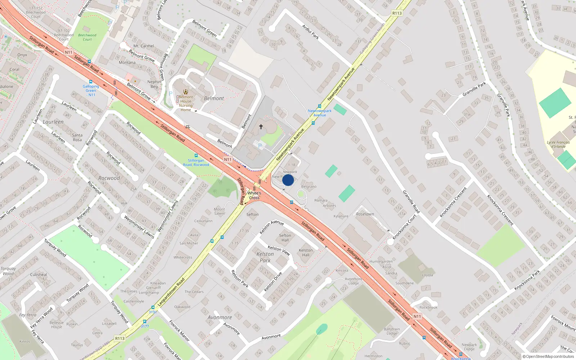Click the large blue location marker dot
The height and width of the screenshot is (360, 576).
pos(288,180)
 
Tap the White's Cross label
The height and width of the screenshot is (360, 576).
pos(254,195)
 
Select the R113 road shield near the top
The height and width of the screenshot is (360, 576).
pos(397,13)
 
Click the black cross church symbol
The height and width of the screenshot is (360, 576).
pos(261,127)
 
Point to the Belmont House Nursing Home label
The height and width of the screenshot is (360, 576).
pos(186,103)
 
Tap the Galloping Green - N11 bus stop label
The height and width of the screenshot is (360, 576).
pos(91,90)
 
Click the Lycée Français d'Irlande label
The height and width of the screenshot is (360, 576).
pos(558,144)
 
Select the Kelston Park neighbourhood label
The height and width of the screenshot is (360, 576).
pos(265,257)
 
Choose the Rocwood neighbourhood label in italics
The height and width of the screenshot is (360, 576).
pos(109,178)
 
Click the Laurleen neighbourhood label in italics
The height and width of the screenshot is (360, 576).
pos(53,122)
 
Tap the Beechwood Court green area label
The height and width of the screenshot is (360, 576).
pos(87,37)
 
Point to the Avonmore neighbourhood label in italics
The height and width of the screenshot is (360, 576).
pos(220,318)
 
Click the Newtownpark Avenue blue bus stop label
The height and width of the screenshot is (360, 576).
pos(320,113)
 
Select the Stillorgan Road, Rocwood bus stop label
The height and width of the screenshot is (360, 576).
pos(196,163)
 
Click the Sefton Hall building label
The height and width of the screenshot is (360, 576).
pos(285,238)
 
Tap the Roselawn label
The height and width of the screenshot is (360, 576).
pos(365,214)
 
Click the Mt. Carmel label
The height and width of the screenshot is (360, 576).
pos(144,46)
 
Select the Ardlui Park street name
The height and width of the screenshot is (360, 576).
pos(310,32)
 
